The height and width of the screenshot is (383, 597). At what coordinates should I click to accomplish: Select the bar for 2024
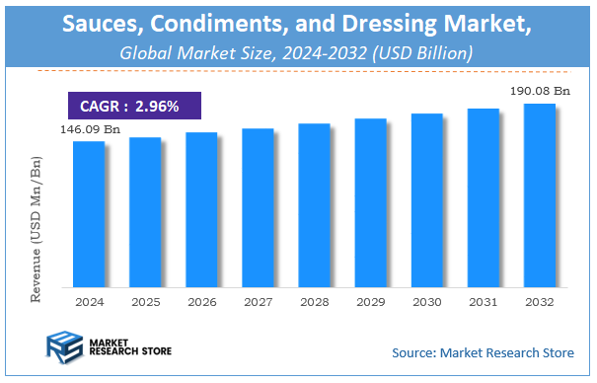[x=88, y=212]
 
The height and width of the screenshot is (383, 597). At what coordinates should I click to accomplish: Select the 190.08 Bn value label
[x=539, y=90]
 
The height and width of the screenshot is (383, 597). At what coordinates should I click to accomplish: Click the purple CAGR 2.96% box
[x=133, y=106]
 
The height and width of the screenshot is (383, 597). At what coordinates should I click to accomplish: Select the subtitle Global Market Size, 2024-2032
[x=297, y=51]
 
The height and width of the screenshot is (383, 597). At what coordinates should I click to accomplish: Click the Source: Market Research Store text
[x=483, y=351]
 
